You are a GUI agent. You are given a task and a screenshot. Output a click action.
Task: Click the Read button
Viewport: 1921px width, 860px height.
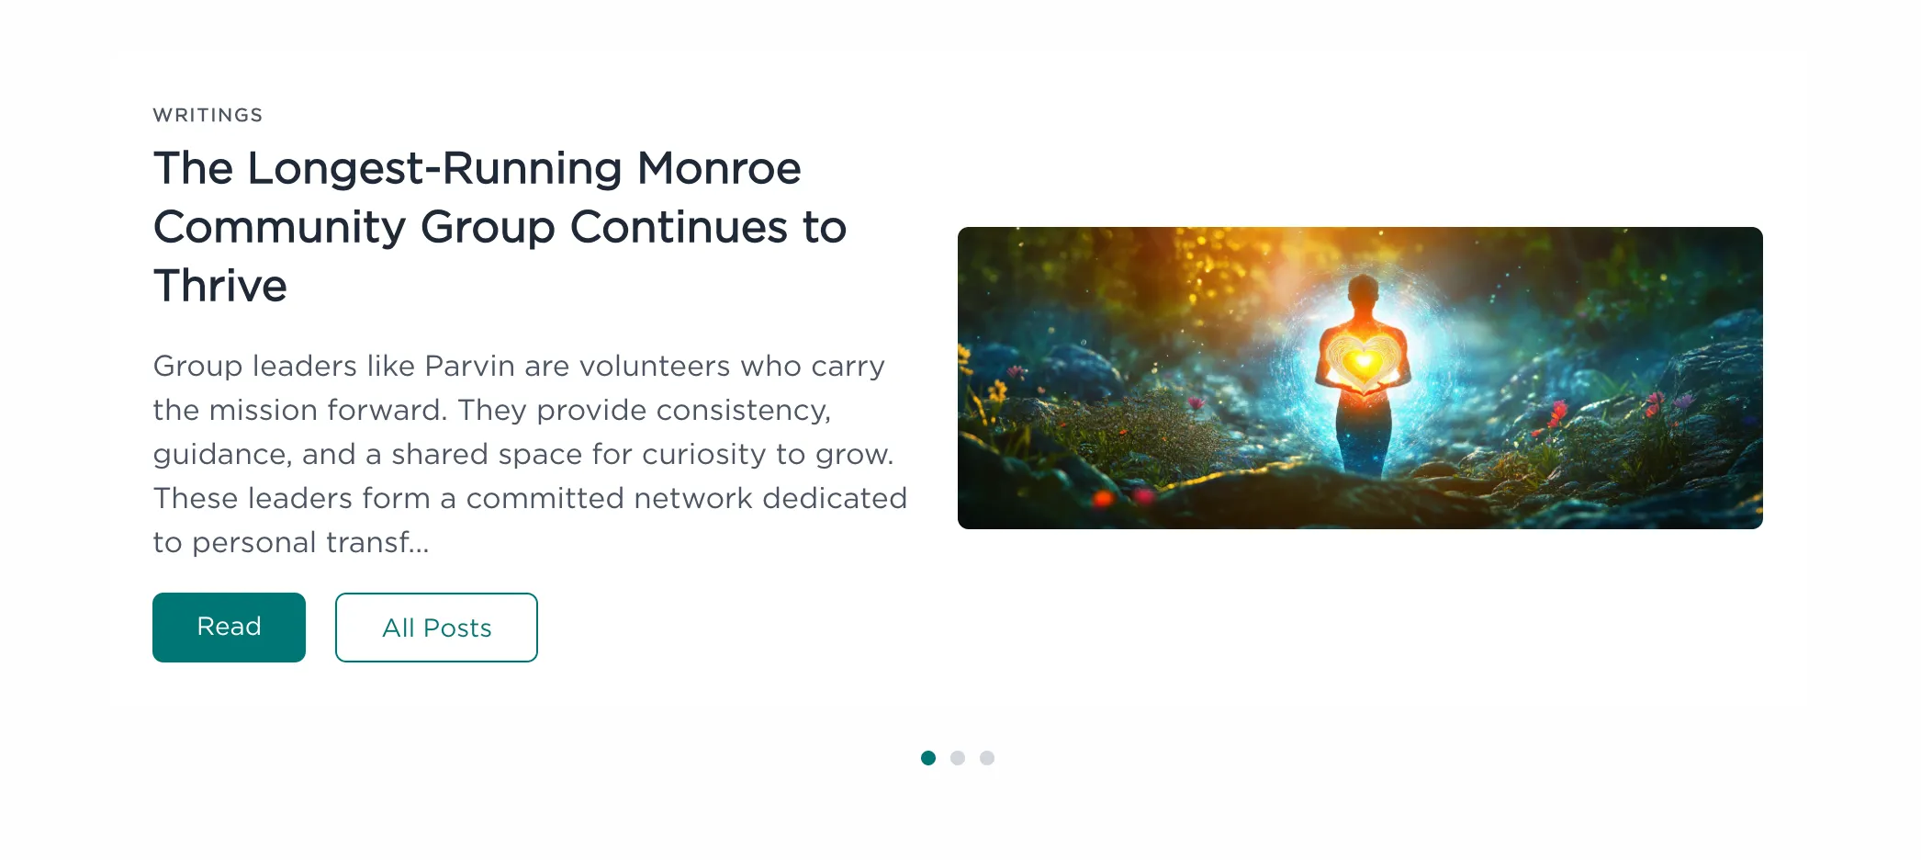(229, 628)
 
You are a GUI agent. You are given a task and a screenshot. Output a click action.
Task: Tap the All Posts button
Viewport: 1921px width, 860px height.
(436, 628)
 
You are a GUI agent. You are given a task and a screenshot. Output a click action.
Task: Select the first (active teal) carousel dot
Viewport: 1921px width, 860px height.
(928, 758)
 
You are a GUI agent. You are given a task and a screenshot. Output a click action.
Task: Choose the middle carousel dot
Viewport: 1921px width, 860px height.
(958, 758)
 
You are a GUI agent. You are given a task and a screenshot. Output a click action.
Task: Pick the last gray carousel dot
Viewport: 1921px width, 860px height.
(987, 758)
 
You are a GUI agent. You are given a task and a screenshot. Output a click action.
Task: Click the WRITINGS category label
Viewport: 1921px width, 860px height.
(208, 115)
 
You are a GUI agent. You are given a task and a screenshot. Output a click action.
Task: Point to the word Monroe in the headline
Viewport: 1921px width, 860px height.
(719, 168)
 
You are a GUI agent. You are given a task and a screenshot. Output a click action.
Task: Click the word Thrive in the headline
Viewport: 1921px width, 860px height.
(220, 286)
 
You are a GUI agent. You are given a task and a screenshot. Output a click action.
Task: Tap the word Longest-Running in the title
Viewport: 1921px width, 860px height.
(435, 169)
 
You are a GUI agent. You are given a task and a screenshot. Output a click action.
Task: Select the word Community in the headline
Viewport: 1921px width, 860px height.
(279, 228)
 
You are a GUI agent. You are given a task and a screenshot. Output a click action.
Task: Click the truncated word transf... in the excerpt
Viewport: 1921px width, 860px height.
(377, 542)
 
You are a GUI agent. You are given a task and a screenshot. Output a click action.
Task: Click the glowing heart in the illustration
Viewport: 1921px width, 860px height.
(1364, 361)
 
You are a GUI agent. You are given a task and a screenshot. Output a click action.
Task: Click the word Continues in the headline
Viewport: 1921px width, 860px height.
(679, 227)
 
